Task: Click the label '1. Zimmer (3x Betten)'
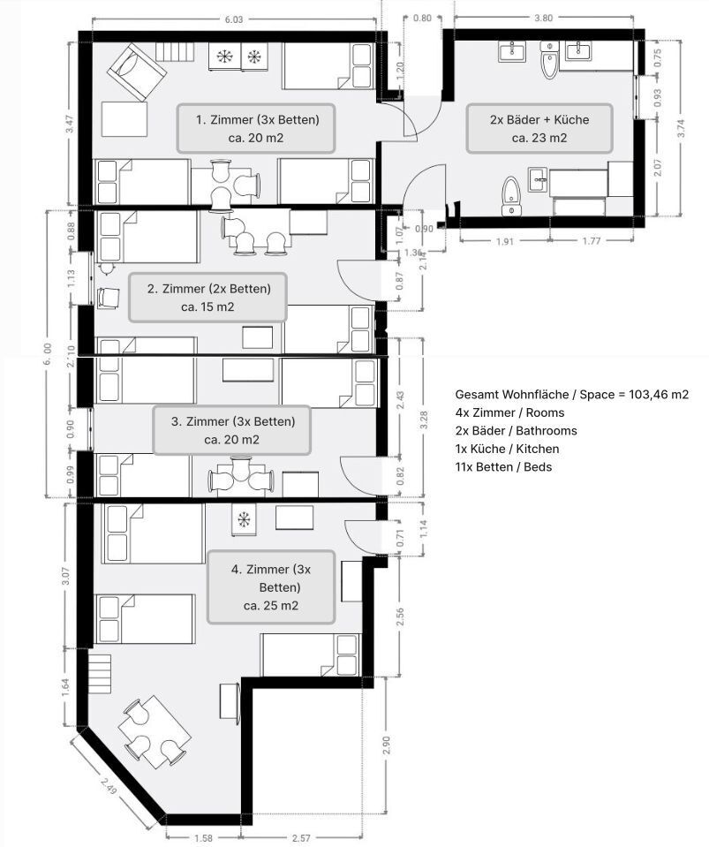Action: pyautogui.click(x=257, y=128)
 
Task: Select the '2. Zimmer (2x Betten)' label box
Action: pyautogui.click(x=208, y=298)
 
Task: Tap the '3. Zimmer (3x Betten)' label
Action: pyautogui.click(x=232, y=430)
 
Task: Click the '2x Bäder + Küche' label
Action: pyautogui.click(x=539, y=128)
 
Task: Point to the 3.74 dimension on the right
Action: pyautogui.click(x=679, y=128)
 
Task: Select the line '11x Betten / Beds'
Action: pyautogui.click(x=503, y=466)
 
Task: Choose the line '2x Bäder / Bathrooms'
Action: pyautogui.click(x=516, y=430)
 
